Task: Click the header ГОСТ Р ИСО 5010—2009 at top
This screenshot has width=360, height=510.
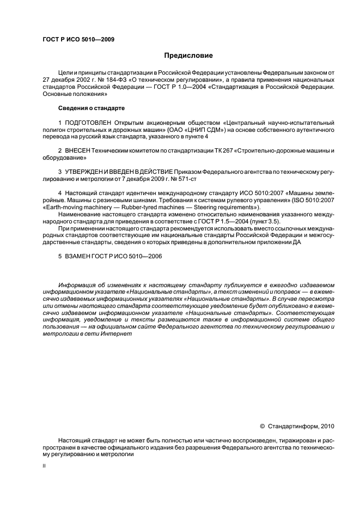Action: tap(78, 39)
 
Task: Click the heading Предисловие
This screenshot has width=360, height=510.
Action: tap(188, 56)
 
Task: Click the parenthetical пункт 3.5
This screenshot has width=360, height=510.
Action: tap(234, 222)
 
